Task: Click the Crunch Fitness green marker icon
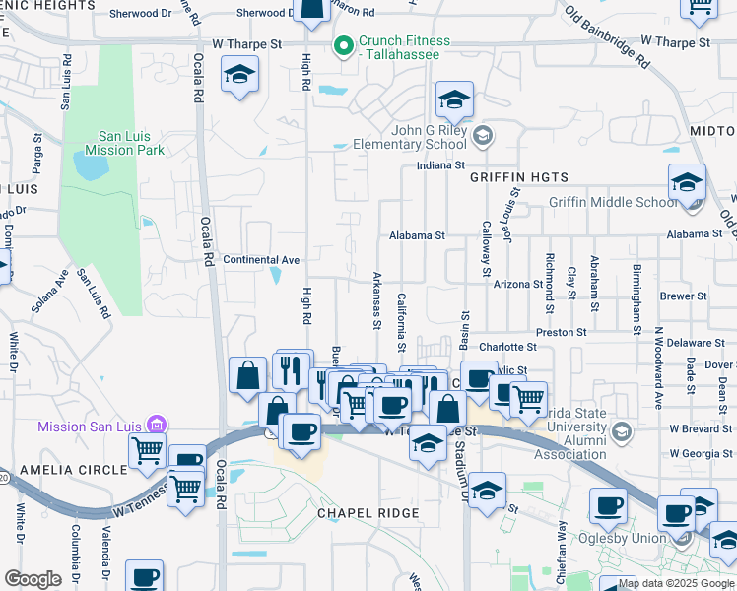coord(344,45)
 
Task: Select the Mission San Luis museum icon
coord(156,426)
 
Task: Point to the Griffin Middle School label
coord(612,203)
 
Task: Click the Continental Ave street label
coord(261,260)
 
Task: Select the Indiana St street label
coord(440,166)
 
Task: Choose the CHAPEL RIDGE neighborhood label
coord(368,514)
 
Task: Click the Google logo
coord(33,579)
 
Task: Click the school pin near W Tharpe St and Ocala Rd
coord(238,75)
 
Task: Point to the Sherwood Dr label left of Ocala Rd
coord(141,14)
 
